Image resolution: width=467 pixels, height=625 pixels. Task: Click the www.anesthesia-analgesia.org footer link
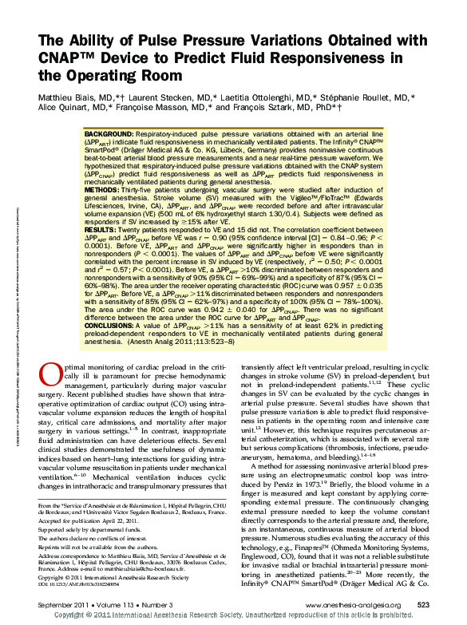tap(348, 605)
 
